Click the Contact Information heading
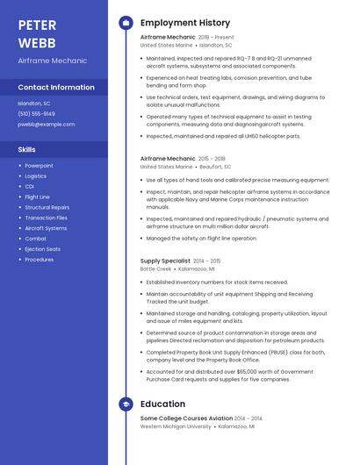[x=56, y=88]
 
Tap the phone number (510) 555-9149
[x=36, y=114]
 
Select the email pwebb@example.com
[x=46, y=125]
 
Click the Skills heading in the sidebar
[x=27, y=150]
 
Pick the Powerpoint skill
[x=39, y=166]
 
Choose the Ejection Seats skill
[x=42, y=249]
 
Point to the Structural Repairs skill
[x=47, y=207]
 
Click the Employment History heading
[x=184, y=23]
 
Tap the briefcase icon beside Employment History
[x=126, y=23]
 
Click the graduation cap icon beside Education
[x=126, y=404]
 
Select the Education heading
[x=162, y=404]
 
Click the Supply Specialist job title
[x=164, y=261]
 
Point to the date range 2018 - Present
[x=216, y=38]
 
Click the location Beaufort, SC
[x=215, y=166]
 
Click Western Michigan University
[x=176, y=426]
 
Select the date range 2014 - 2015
[x=207, y=261]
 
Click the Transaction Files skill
[x=46, y=218]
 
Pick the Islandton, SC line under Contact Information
[x=34, y=104]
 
